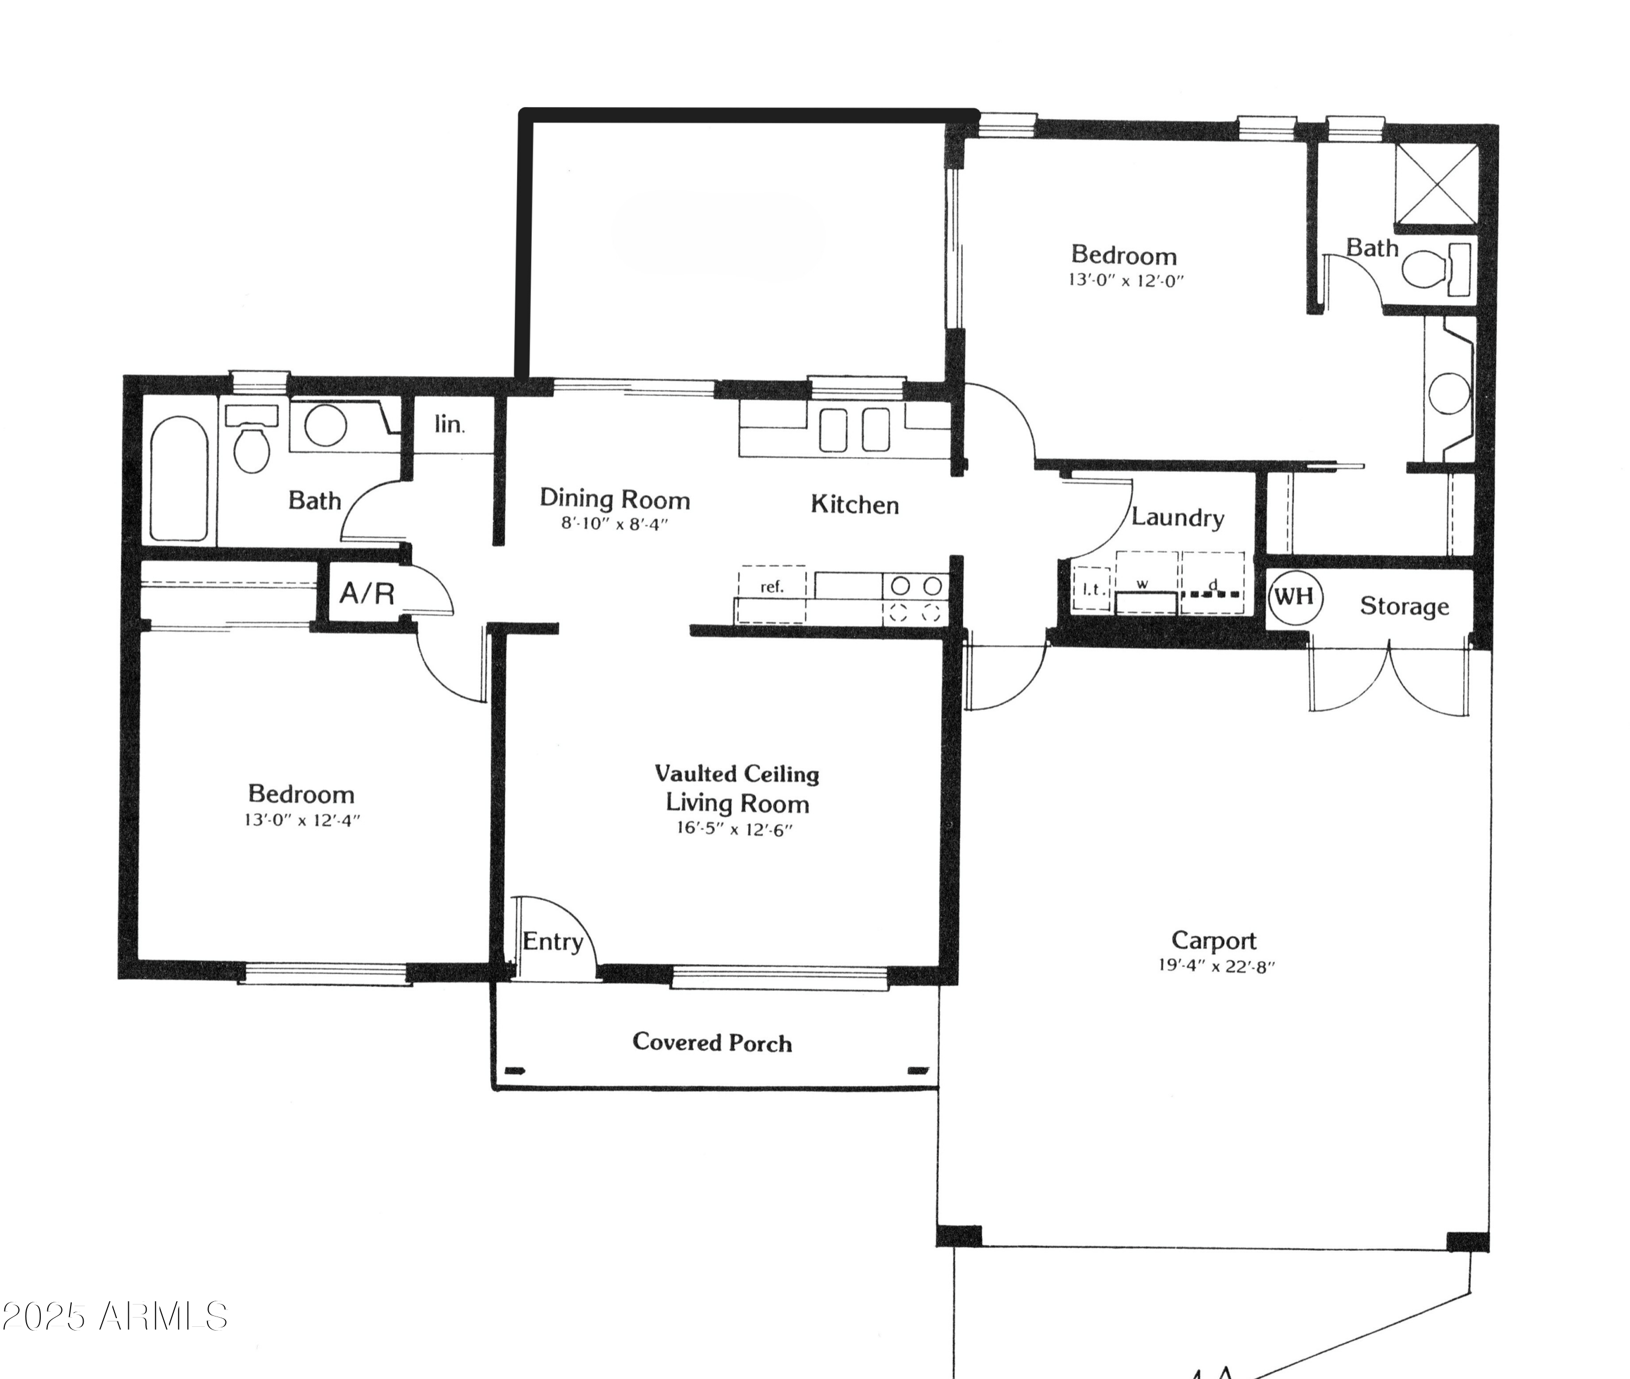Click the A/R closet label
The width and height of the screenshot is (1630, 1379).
coord(367,593)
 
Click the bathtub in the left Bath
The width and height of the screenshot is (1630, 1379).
coord(179,479)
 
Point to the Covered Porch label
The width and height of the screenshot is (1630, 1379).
coord(711,1042)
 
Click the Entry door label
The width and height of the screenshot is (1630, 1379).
coord(552,941)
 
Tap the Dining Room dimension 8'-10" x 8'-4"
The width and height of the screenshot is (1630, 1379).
coord(615,524)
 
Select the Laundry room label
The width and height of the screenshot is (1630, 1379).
coord(1177,517)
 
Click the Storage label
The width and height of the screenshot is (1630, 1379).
coord(1404,606)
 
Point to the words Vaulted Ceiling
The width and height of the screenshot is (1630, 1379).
coord(736,774)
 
